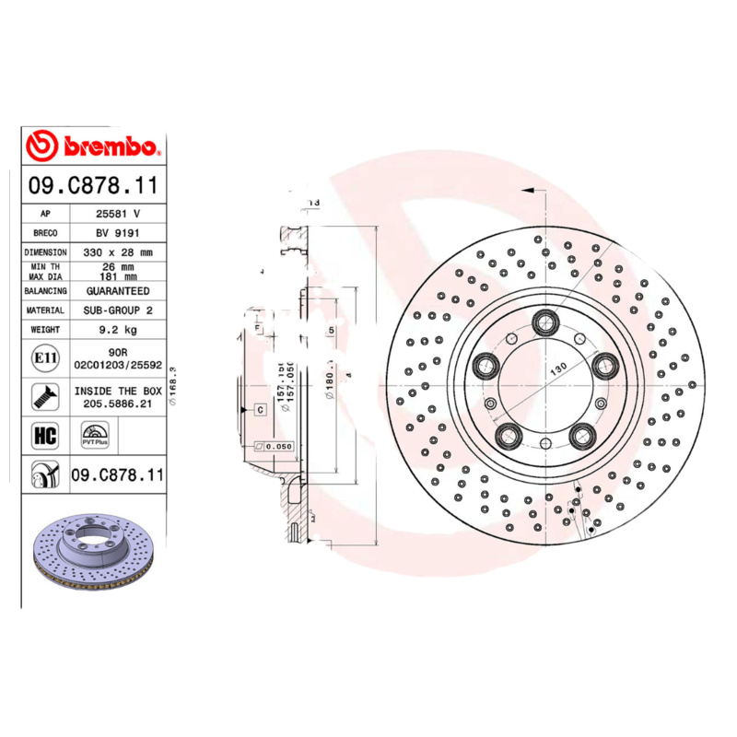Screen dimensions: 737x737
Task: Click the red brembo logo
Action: (92, 146)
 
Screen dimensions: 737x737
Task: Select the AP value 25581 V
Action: (117, 213)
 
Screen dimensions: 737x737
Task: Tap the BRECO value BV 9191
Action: (117, 232)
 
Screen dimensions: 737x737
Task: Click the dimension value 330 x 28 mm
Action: (117, 252)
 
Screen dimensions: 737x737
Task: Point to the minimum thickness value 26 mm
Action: (117, 267)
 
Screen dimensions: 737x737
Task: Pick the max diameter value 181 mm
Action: (117, 276)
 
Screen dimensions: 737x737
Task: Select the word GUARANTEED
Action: (117, 290)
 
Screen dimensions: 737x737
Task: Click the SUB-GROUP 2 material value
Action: (117, 310)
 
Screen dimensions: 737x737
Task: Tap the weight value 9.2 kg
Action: (117, 329)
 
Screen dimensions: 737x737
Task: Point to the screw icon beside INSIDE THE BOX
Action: (43, 397)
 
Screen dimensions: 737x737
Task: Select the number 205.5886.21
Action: (117, 404)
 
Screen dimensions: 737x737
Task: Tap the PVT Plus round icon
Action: (96, 435)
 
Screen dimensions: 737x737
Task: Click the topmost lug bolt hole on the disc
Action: (544, 322)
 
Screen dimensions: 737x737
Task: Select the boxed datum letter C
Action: (260, 408)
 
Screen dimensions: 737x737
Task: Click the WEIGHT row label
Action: (45, 329)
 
